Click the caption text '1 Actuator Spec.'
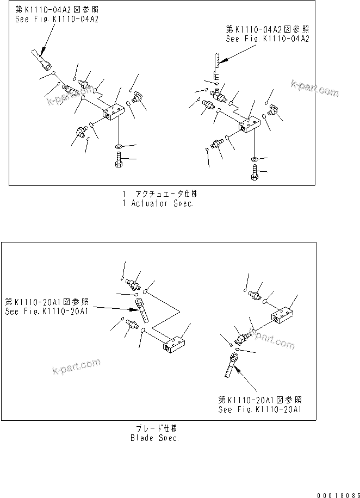[158, 203]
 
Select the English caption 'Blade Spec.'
[155, 438]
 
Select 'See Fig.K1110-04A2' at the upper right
[267, 39]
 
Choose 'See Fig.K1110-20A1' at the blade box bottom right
[260, 409]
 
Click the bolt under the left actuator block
[119, 161]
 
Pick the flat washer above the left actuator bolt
[119, 147]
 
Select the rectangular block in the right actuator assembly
[250, 125]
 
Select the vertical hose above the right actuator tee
[215, 63]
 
